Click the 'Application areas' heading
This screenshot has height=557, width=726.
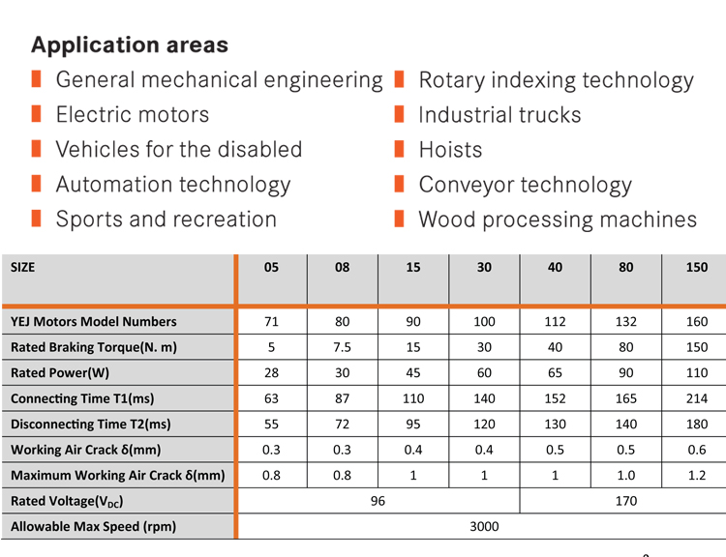(130, 45)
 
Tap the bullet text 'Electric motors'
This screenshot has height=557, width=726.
(132, 115)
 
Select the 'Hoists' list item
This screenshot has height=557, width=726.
(450, 150)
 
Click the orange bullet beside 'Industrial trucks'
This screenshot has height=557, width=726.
(399, 115)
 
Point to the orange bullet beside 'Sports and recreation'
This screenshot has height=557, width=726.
(36, 219)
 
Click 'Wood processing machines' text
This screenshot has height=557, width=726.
(557, 220)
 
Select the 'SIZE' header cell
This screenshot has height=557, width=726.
(22, 268)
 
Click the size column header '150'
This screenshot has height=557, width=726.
(696, 268)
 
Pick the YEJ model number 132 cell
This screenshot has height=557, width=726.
(625, 321)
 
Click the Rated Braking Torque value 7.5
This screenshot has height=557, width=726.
(342, 347)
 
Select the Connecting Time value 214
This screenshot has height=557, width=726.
(696, 398)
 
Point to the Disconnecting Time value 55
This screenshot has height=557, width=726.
(271, 424)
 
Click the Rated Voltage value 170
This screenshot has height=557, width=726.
(625, 501)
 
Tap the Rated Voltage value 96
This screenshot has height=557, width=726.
(378, 501)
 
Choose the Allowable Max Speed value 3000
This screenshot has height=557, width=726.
(483, 527)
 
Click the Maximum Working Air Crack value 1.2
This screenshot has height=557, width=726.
(696, 475)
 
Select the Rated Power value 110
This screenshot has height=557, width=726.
(696, 372)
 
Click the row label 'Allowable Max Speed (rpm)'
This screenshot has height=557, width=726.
(93, 527)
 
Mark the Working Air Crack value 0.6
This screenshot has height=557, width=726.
(696, 450)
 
